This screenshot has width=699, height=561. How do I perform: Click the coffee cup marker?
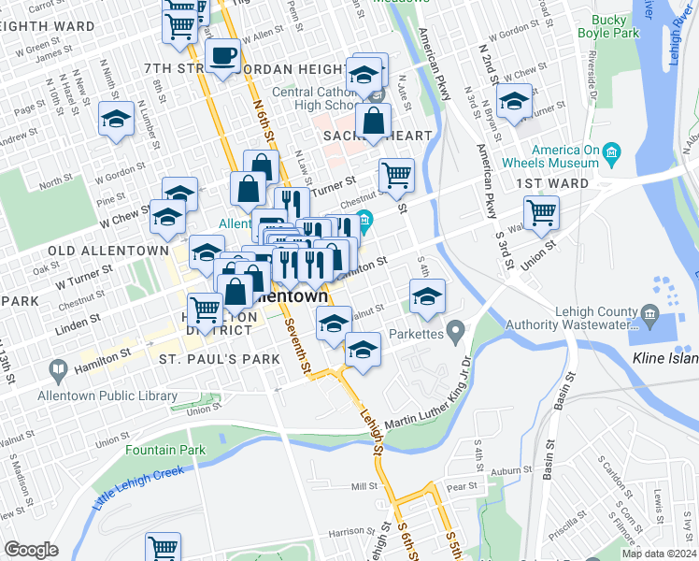click(221, 58)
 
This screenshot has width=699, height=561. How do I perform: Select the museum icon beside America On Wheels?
click(611, 151)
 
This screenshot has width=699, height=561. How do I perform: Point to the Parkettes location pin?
click(455, 330)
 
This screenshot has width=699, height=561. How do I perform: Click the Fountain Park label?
click(165, 450)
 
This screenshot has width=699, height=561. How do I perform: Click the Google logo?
click(31, 549)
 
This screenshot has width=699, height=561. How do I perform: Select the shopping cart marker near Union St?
click(541, 213)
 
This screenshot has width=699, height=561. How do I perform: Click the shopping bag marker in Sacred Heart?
click(373, 121)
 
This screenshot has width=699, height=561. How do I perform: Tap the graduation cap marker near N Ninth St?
click(117, 120)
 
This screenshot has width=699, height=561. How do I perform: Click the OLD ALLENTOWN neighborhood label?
click(97, 251)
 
